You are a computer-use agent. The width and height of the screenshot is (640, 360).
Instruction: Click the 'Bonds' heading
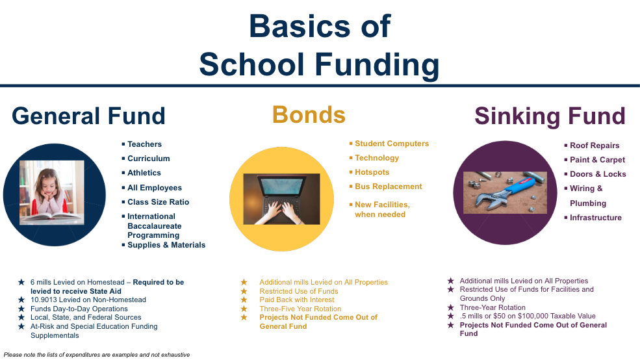[x=309, y=115]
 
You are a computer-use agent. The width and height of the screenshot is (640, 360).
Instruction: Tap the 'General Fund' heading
[x=88, y=116]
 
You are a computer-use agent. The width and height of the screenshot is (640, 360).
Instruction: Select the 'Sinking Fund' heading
[x=550, y=116]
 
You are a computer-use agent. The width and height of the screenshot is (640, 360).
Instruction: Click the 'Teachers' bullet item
[x=144, y=144]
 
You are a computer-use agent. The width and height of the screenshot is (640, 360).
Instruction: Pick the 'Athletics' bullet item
[x=144, y=173]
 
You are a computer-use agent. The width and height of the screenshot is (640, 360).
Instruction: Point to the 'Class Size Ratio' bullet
[x=158, y=202]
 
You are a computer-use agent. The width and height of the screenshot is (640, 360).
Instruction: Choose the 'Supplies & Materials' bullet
[x=166, y=245]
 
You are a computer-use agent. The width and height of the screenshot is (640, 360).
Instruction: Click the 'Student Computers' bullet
[x=391, y=144]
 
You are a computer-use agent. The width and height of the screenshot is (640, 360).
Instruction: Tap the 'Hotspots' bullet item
[x=372, y=172]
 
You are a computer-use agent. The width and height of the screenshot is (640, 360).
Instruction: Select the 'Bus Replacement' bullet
[x=388, y=186]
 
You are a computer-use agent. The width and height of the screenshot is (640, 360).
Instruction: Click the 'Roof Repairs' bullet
[x=594, y=146]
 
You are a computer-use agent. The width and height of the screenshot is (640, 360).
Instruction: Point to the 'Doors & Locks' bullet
[x=597, y=174]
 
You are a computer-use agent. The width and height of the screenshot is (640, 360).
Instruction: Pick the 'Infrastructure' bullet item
[x=595, y=218]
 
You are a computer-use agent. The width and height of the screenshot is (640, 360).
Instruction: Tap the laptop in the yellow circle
[x=281, y=194]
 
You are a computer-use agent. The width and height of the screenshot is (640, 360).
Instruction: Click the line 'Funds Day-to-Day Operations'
[x=79, y=309]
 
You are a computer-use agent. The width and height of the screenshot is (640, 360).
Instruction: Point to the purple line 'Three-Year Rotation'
[x=493, y=307]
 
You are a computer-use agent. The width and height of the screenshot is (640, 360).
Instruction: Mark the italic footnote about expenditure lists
[x=97, y=355]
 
